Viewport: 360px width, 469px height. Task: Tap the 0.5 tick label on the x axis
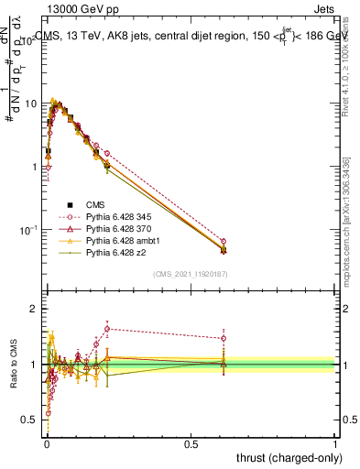(x=191, y=445)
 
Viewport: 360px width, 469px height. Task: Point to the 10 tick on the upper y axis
(x=33, y=104)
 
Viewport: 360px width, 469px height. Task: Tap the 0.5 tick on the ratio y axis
(x=33, y=420)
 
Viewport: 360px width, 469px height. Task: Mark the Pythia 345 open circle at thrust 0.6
(x=224, y=242)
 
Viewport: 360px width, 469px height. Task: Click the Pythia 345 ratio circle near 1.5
(x=224, y=338)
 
